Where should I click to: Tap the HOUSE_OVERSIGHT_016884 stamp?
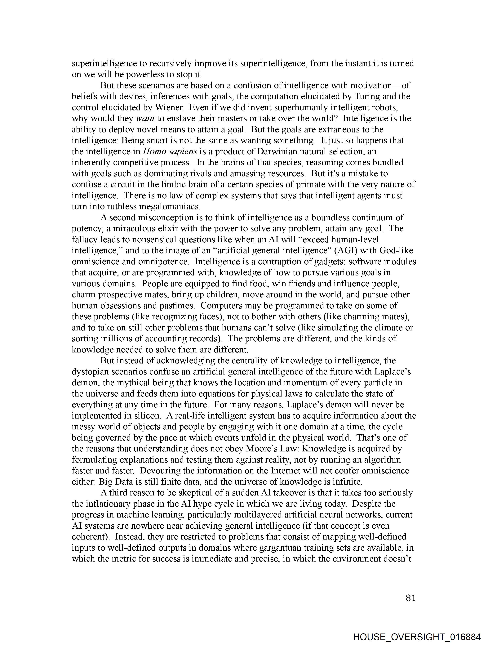417,637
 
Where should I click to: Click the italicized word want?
145,118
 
